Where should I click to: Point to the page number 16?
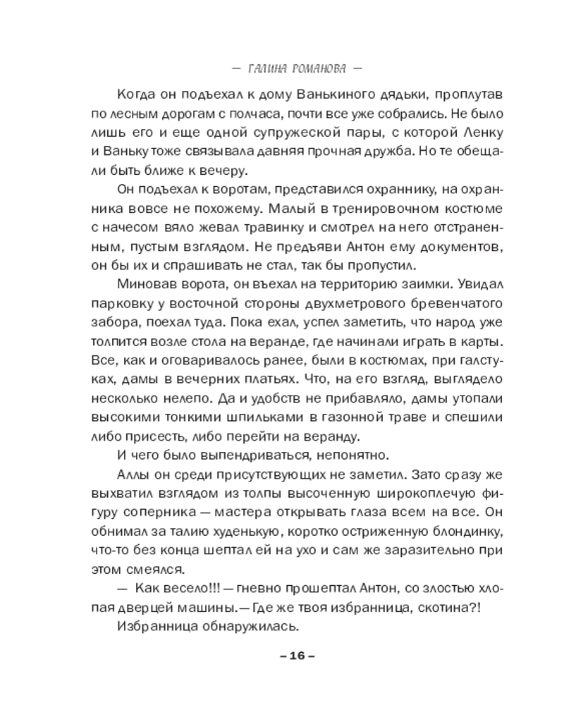pyautogui.click(x=296, y=656)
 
